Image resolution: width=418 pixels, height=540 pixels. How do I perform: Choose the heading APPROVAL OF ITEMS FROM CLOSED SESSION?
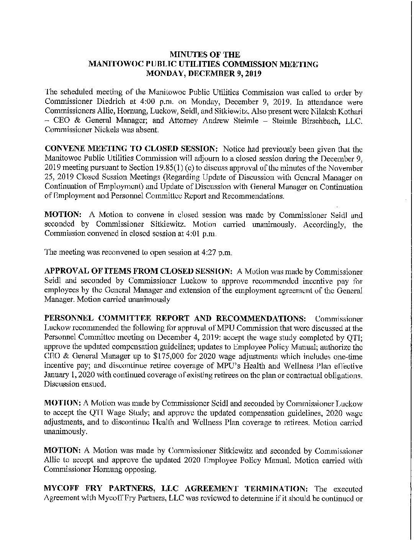138,272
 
